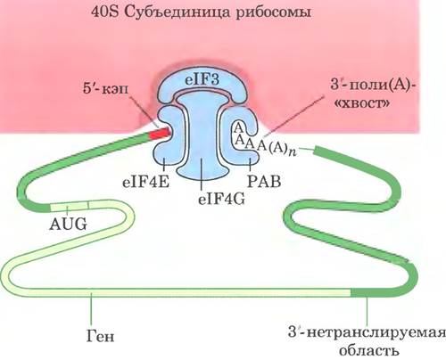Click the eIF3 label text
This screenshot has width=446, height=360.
tap(202, 80)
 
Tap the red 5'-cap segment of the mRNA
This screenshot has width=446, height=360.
tap(160, 134)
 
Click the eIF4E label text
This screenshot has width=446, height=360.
tap(145, 182)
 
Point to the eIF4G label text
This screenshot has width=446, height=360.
tap(221, 200)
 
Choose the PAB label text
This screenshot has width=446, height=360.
tap(264, 182)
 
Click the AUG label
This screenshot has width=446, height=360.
tap(68, 224)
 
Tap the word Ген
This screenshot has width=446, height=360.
tap(101, 336)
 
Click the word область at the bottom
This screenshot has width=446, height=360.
tap(368, 350)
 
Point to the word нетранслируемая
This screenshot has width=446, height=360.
tap(376, 332)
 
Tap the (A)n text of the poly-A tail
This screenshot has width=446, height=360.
tap(283, 148)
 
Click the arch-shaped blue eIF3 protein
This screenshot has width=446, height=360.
tap(202, 84)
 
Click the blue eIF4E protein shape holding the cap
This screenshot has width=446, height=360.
tap(167, 133)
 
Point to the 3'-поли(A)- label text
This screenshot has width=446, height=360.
tap(373, 86)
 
